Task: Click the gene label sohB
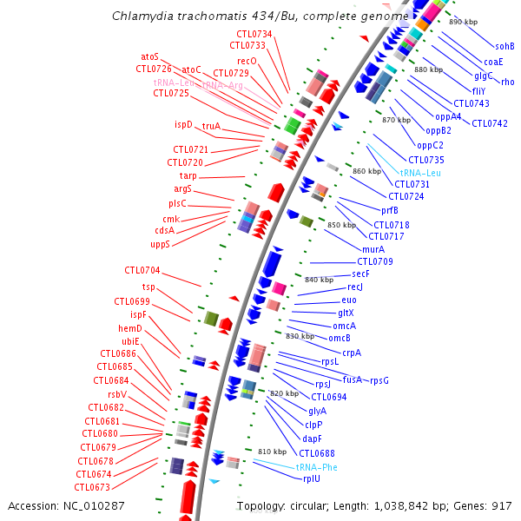point(505,46)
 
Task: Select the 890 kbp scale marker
point(463,22)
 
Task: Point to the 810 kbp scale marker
point(272,452)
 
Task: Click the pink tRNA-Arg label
point(223,84)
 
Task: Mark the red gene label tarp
point(188,176)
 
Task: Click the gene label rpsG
point(379,379)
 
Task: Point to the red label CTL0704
point(142,270)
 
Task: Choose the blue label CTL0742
point(490,123)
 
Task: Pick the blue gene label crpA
point(351,353)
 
